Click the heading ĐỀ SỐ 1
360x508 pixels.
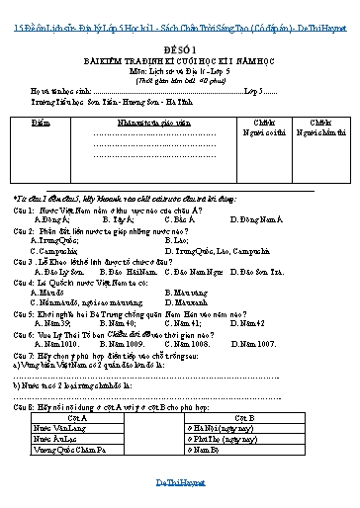pos(180,57)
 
